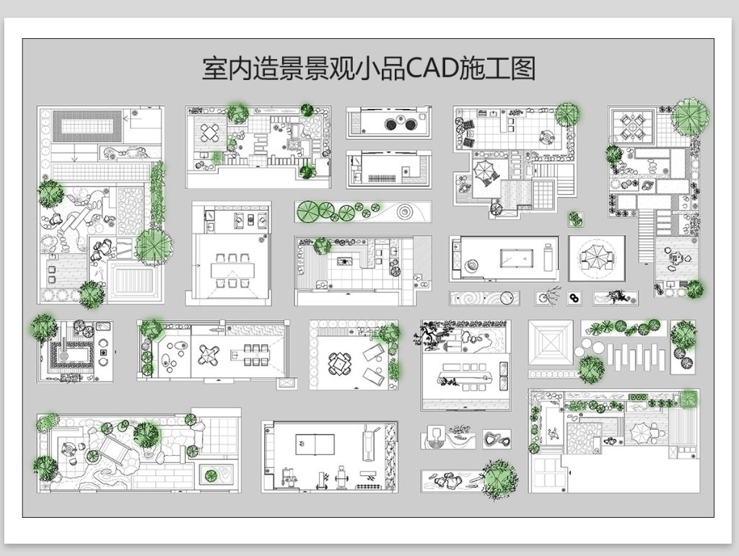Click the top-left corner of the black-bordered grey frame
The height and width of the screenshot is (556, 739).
[x=22, y=39]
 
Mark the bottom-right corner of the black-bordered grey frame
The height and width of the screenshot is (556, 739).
[x=714, y=517]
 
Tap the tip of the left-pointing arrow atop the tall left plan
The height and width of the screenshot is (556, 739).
[x=124, y=118]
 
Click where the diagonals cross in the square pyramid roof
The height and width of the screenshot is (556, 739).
[x=551, y=343]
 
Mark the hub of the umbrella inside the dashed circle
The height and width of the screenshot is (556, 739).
[x=598, y=257]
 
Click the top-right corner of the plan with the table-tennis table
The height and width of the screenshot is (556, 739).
[x=398, y=421]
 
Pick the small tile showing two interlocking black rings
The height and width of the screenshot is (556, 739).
[x=574, y=298]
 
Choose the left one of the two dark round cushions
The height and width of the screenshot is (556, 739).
[x=391, y=124]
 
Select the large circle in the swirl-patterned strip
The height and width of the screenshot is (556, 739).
[x=507, y=298]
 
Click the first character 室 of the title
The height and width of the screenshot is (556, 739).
[x=214, y=69]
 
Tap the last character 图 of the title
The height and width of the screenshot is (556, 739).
[x=524, y=69]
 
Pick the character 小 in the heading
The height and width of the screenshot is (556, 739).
[x=367, y=69]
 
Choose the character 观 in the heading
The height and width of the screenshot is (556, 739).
[x=342, y=69]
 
